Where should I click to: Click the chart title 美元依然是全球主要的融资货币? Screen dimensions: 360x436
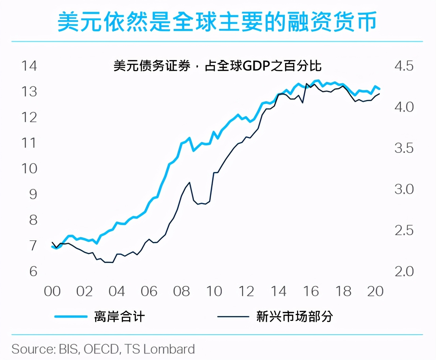tap(217, 22)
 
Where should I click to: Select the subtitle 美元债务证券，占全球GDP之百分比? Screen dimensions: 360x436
tap(217, 66)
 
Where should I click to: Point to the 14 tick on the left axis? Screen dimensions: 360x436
tap(29, 66)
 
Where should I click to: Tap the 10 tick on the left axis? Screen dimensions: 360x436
tap(29, 168)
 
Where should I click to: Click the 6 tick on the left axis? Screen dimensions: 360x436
tap(33, 271)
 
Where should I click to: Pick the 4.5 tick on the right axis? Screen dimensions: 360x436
tap(404, 66)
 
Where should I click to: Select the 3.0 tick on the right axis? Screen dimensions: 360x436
tap(404, 189)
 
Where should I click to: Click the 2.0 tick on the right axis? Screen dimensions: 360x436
tap(404, 271)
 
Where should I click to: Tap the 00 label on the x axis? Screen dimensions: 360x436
tap(52, 291)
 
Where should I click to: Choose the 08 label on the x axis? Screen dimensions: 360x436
tap(181, 291)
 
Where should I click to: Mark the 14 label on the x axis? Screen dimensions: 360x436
tap(278, 291)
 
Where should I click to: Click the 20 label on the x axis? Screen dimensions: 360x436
tap(375, 291)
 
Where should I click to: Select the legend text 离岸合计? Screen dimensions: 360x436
tap(120, 317)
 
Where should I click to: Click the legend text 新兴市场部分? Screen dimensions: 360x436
tap(294, 317)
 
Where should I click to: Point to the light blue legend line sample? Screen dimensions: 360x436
tap(71, 317)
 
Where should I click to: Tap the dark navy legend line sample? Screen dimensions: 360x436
tap(233, 317)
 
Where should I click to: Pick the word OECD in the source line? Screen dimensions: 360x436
tap(101, 349)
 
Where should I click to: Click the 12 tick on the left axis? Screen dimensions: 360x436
tap(29, 117)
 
